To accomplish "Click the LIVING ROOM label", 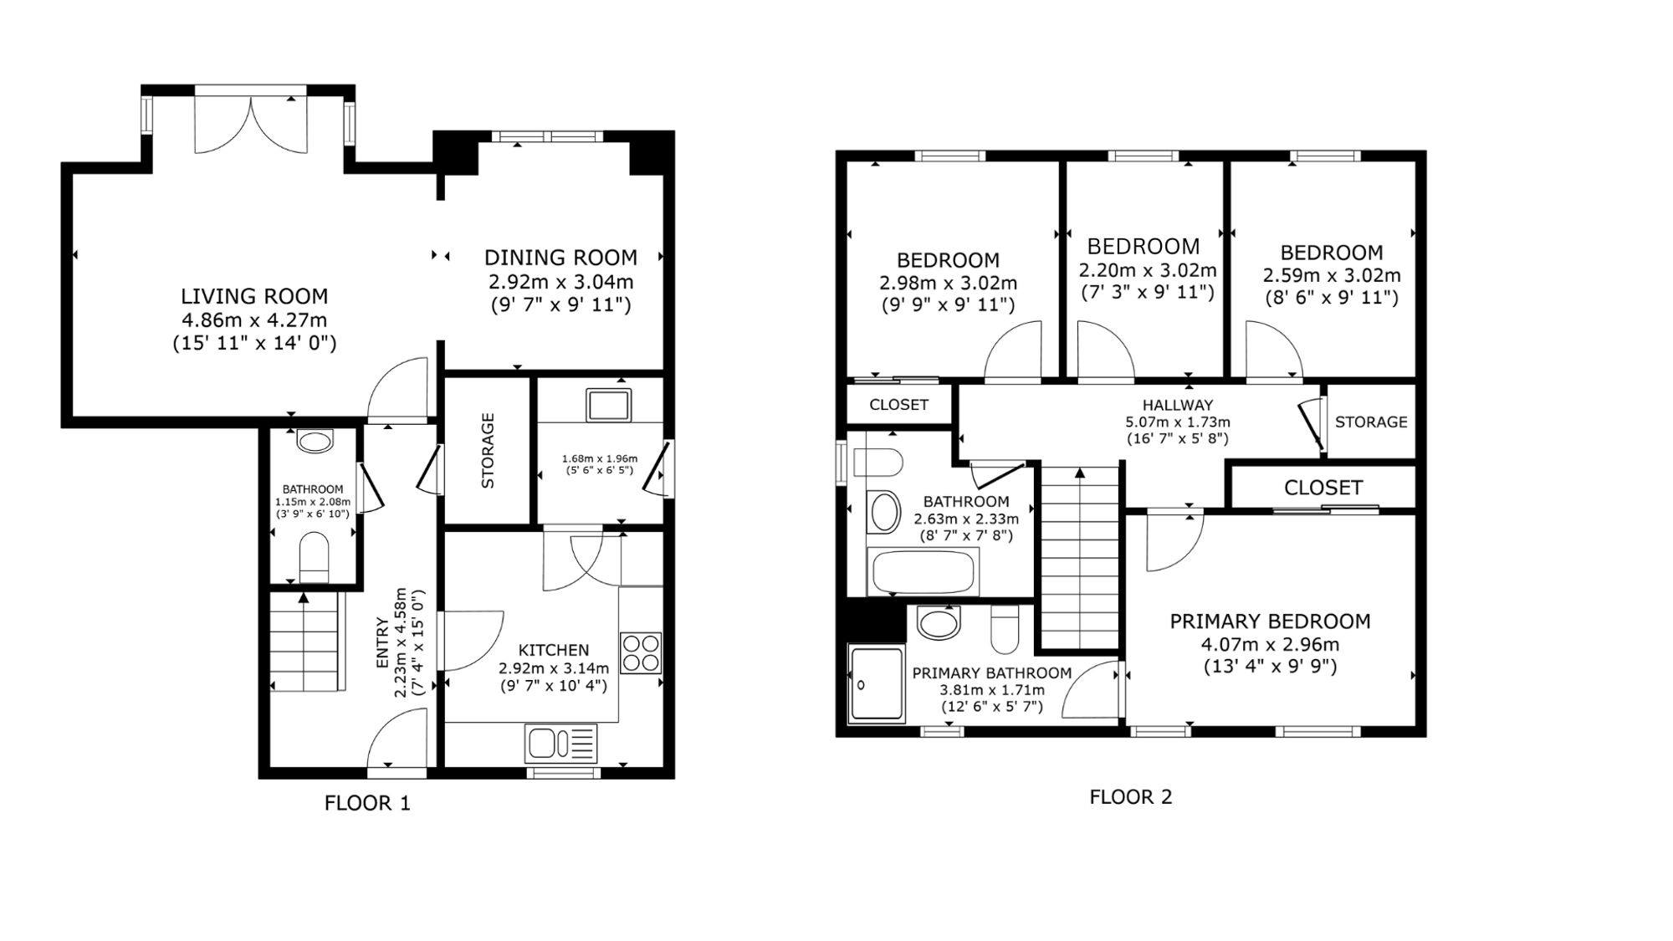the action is pos(254,296).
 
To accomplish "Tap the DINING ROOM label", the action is pos(560,258).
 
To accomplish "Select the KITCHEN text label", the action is pos(554,650).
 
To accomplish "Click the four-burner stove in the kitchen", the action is pos(641,653).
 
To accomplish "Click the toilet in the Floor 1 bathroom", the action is pos(315,557).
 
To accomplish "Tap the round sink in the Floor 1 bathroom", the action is pos(315,441).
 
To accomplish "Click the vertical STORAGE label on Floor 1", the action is pos(488,450).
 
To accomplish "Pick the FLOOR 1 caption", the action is pos(367,804).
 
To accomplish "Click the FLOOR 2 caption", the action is pos(1131,797).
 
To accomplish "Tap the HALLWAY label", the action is pos(1178,406).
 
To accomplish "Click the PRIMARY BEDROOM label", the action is pos(1270,621).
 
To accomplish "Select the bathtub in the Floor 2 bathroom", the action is pos(924,572).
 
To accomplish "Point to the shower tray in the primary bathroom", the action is pos(877,683).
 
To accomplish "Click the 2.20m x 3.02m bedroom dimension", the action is pos(1148,271).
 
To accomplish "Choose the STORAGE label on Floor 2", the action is pos(1371,422).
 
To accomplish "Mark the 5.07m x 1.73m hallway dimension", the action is pos(1178,422).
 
